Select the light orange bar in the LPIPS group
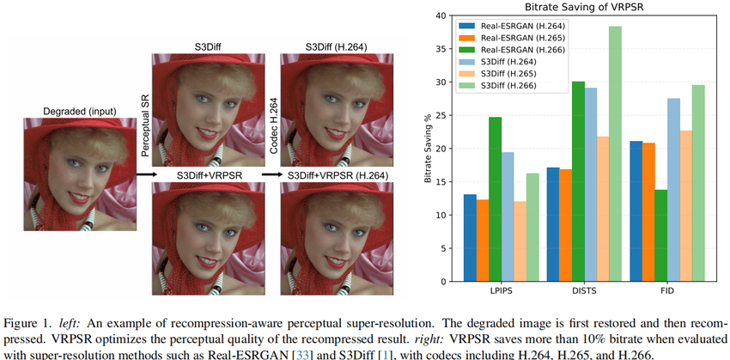pos(519,241)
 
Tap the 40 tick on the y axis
pos(440,15)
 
